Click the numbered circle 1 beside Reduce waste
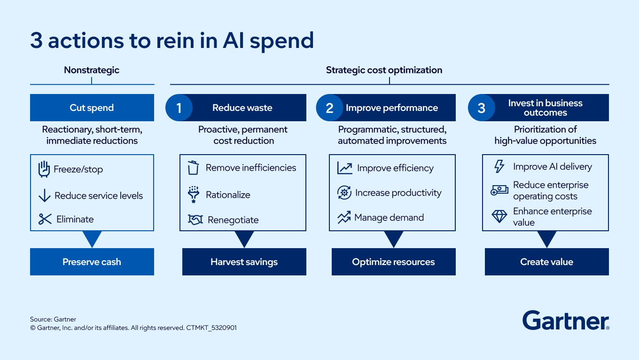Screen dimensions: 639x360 pos(179,108)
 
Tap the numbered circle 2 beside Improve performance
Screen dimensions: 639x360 pos(329,108)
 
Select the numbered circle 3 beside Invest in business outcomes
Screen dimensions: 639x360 pos(482,108)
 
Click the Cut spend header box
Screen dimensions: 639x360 pos(92,108)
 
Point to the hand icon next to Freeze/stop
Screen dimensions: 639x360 pos(44,169)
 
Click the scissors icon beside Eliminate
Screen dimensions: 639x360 pos(45,219)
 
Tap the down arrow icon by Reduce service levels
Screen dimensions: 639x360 pos(45,196)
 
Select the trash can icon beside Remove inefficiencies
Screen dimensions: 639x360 pos(193,168)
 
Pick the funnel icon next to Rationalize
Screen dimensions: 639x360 pos(194,195)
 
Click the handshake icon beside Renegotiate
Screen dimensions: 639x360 pos(195,219)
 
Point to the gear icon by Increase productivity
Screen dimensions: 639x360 pos(344,193)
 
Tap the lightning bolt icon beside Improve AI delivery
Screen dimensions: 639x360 pos(499,166)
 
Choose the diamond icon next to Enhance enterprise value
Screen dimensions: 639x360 pos(499,216)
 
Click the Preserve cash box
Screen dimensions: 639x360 pos(92,262)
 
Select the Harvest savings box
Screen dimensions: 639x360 pos(244,262)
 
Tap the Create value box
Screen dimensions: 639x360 pos(547,262)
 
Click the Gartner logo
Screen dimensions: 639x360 pos(566,321)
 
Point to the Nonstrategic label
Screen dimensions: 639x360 pos(92,70)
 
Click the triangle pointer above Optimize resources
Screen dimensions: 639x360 pos(394,238)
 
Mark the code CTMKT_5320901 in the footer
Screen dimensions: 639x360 pos(211,328)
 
